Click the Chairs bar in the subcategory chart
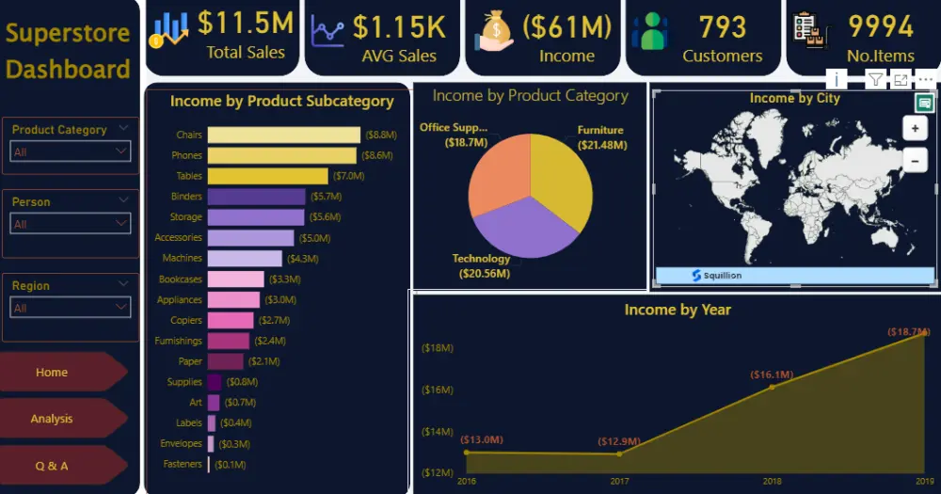click(283, 135)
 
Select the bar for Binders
click(256, 197)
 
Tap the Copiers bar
click(231, 320)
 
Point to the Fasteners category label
click(182, 464)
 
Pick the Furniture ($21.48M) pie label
click(600, 137)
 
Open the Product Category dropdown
click(71, 151)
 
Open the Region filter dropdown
click(71, 308)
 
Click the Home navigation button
click(53, 373)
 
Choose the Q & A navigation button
click(53, 466)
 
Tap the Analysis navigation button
click(53, 419)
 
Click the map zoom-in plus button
click(915, 128)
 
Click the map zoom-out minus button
click(915, 161)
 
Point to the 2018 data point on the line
click(773, 387)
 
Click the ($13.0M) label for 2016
click(481, 439)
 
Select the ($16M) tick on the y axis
click(438, 390)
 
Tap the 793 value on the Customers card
click(722, 27)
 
